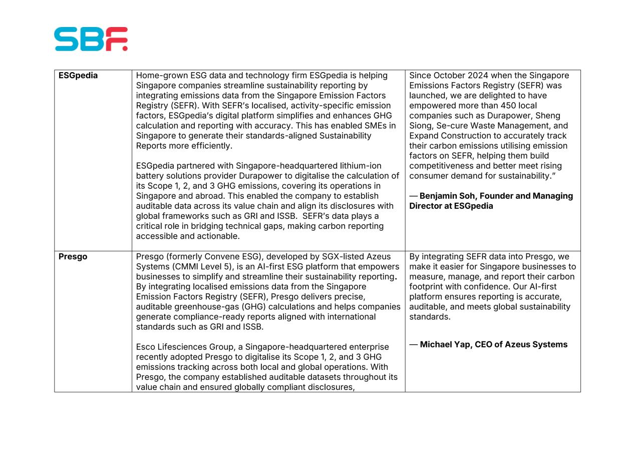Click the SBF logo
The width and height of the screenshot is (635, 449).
(x=91, y=39)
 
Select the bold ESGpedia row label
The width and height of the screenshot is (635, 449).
(x=78, y=76)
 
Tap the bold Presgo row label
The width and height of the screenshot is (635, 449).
(x=73, y=257)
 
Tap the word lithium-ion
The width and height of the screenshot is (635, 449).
(x=361, y=166)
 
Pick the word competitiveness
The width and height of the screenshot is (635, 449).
(x=442, y=166)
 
